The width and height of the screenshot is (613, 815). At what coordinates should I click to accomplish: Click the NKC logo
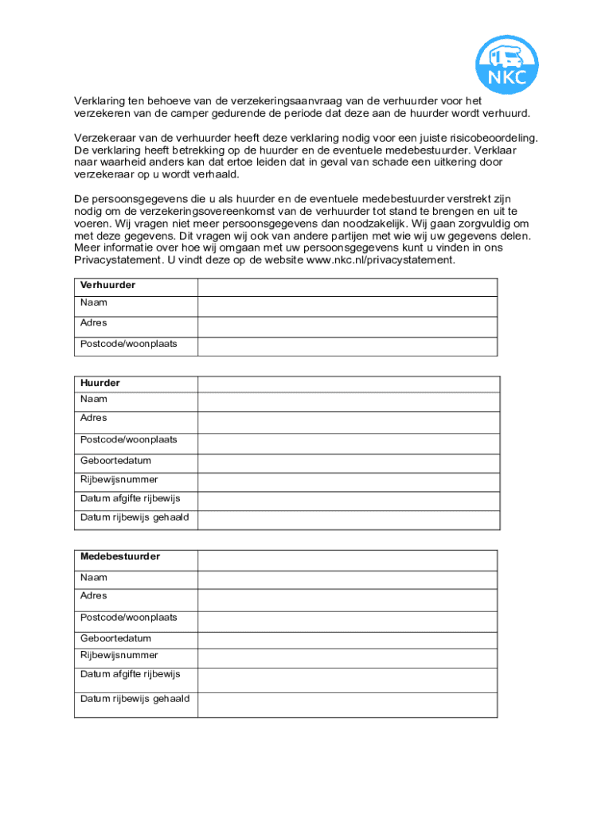click(x=507, y=64)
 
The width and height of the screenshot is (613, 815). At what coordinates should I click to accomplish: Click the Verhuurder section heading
click(x=107, y=285)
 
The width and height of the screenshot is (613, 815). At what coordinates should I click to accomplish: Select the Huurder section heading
click(x=100, y=383)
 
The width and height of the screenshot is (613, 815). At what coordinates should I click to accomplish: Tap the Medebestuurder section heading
click(x=120, y=556)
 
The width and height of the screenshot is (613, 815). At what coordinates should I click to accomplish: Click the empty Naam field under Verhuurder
click(x=347, y=306)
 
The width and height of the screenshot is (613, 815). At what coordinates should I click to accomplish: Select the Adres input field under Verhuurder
click(x=347, y=326)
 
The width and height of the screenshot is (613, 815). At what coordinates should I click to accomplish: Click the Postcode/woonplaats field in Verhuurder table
click(x=347, y=346)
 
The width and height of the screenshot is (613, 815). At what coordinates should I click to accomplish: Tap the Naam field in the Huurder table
click(x=348, y=401)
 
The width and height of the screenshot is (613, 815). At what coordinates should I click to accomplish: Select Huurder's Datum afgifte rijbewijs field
click(x=348, y=501)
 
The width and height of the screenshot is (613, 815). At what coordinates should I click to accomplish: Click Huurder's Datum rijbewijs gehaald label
click(x=135, y=517)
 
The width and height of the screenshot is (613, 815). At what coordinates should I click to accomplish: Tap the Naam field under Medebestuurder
click(x=348, y=579)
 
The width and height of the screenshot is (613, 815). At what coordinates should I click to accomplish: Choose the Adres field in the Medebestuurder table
click(x=348, y=599)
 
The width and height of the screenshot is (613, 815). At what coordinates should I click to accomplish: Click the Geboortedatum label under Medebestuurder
click(x=115, y=638)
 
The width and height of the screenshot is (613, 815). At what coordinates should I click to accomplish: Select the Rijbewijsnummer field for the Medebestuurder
click(x=348, y=658)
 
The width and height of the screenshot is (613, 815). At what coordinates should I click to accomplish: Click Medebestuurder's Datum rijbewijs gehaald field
click(x=348, y=704)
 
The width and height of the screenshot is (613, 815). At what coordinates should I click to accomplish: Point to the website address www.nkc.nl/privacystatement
click(x=381, y=260)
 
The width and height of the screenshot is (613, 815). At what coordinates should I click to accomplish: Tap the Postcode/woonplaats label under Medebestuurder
click(x=129, y=618)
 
